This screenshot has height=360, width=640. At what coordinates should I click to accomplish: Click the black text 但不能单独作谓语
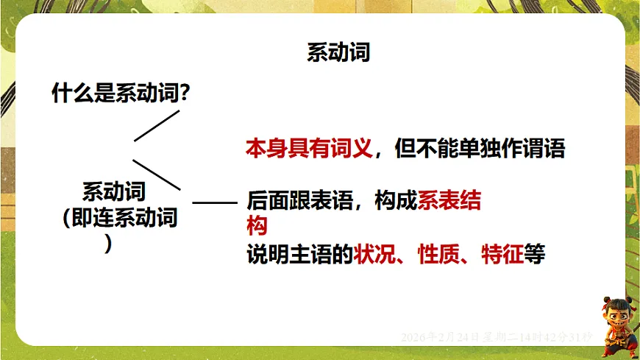(x=480, y=148)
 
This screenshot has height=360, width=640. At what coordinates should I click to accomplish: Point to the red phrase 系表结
(x=449, y=200)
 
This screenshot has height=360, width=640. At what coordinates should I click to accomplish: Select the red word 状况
(x=374, y=255)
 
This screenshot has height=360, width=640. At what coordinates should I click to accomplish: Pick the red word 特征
(x=502, y=255)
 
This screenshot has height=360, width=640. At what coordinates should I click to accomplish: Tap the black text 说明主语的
(x=299, y=255)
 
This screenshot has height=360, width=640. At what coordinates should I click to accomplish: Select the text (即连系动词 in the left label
(x=121, y=218)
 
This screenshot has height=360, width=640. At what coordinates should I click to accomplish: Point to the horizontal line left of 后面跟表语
(x=215, y=201)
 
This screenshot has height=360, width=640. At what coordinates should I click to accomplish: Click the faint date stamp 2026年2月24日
(x=439, y=337)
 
